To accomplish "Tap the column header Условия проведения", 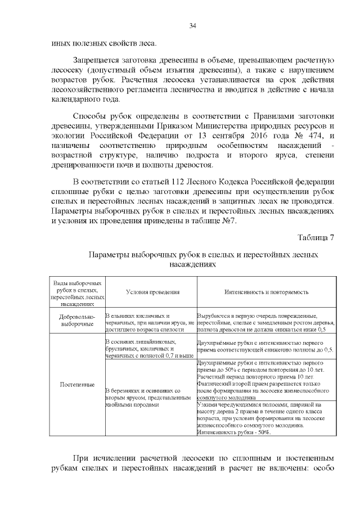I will coord(152,292).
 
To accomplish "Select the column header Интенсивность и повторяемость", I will coord(266,292).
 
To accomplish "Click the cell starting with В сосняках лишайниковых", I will coord(150,349).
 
